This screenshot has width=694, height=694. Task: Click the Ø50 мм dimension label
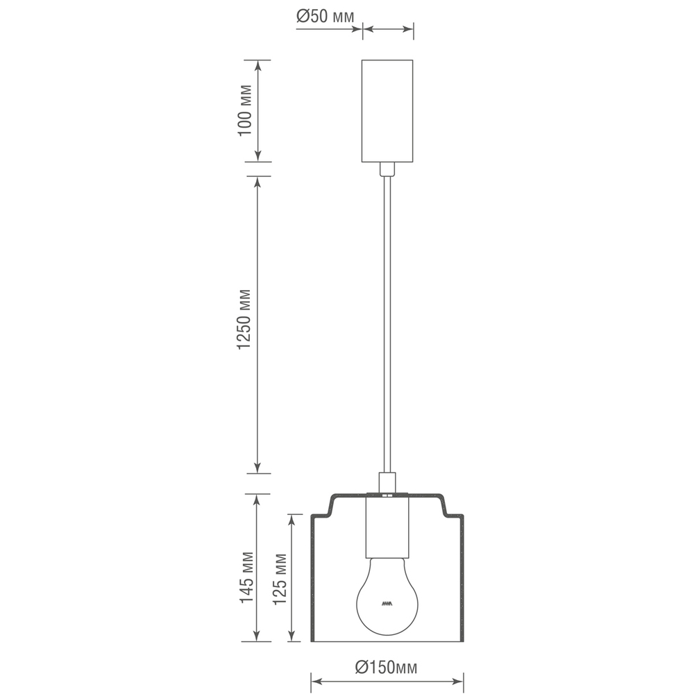[325, 17]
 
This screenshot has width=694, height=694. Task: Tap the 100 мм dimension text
[245, 110]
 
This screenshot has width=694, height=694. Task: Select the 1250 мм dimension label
[244, 319]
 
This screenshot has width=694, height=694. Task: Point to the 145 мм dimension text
[246, 577]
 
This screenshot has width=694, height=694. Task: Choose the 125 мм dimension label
[280, 579]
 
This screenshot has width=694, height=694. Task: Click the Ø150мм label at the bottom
[386, 666]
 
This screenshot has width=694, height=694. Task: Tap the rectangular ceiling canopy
[387, 111]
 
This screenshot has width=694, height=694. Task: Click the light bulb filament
[387, 603]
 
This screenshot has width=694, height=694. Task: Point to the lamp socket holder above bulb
[387, 527]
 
